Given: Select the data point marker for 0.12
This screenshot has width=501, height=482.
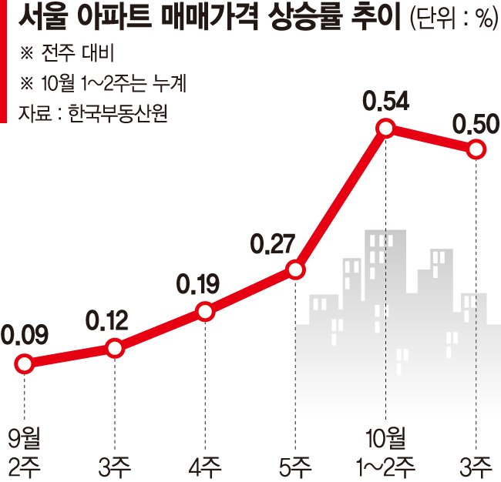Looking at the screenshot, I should click(115, 348).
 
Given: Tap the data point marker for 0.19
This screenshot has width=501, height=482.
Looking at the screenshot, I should click(205, 312).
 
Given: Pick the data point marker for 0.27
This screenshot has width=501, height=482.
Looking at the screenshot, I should click(295, 269).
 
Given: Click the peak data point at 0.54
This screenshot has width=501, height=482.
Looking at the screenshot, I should click(386, 129).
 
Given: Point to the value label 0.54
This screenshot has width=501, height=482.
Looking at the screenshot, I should click(387, 101).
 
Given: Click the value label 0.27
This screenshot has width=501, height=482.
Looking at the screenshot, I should click(273, 246).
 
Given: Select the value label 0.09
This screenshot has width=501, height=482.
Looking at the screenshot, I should click(25, 336).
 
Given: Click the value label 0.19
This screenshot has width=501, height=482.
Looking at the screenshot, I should click(198, 286).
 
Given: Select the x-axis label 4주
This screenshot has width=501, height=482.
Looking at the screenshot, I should click(205, 465).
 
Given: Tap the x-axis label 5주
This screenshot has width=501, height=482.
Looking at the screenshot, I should click(295, 465).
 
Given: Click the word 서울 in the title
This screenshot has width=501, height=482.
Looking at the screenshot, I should click(45, 18).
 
